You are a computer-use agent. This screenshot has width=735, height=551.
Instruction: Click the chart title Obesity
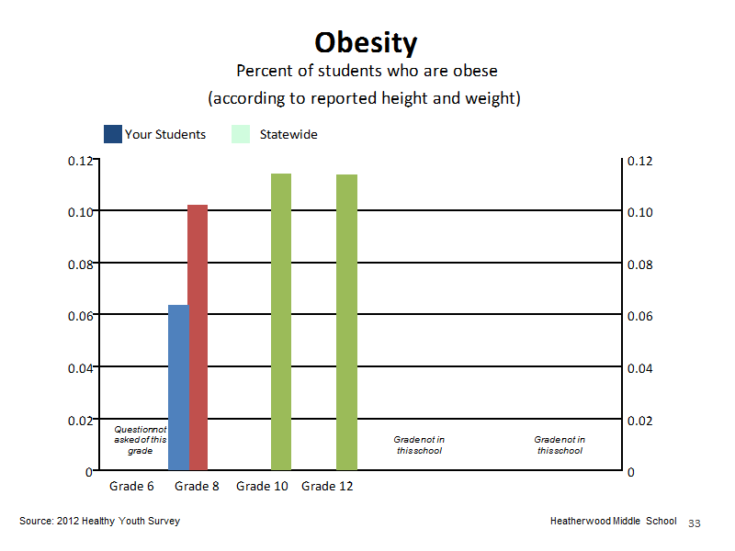tap(366, 43)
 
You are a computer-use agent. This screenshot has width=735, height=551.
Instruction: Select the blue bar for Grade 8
tap(178, 388)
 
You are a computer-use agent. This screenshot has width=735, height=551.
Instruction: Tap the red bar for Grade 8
tap(198, 337)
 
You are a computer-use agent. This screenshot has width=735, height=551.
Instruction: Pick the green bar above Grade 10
tap(281, 322)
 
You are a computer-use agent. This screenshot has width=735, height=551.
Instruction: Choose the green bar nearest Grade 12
tap(347, 322)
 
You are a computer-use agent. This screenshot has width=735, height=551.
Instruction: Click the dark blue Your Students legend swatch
tap(113, 134)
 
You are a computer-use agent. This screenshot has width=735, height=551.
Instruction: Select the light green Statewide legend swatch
tap(241, 134)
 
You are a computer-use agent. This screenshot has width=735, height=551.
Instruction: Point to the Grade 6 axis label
tap(131, 487)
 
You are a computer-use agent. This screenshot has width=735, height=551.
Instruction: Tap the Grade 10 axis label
tap(262, 487)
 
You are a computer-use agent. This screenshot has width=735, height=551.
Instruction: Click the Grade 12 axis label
tap(327, 487)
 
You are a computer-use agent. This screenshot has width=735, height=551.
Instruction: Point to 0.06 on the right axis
tap(639, 316)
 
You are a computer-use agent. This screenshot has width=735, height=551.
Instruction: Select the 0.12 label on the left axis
tap(81, 162)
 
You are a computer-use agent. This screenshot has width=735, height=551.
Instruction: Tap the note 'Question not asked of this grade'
tap(141, 440)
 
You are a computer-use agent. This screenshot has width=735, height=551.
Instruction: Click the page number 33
tap(695, 523)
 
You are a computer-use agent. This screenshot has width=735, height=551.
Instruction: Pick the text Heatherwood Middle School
tap(613, 521)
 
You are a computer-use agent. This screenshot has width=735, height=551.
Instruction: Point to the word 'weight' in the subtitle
tap(491, 98)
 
